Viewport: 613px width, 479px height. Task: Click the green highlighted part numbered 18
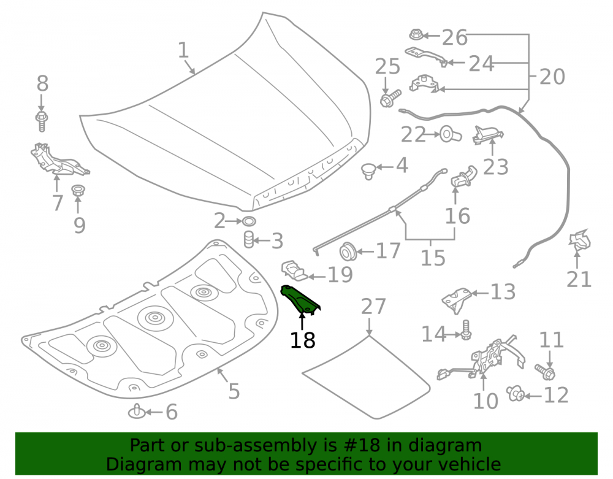[x=300, y=300]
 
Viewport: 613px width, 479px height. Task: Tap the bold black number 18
[x=303, y=340]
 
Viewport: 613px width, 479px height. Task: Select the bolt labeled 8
[x=42, y=121]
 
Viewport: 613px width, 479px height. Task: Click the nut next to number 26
[x=416, y=35]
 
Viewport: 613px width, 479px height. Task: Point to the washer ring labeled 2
[x=249, y=221]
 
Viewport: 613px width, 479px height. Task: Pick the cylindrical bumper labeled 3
[x=249, y=240]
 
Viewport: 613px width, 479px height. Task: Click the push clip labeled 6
[x=137, y=412]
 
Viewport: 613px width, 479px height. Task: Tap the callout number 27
[x=373, y=306]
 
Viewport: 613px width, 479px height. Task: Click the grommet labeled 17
[x=348, y=252]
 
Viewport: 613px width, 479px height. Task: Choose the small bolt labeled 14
[x=466, y=330]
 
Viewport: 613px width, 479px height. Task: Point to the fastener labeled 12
[x=516, y=393]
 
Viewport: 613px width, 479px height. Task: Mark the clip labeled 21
[x=579, y=240]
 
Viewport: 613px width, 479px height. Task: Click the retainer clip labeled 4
[x=368, y=171]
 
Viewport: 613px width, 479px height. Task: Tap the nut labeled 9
[x=78, y=191]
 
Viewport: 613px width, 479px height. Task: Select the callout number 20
[x=552, y=77]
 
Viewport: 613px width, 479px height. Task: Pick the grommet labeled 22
[x=450, y=134]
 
